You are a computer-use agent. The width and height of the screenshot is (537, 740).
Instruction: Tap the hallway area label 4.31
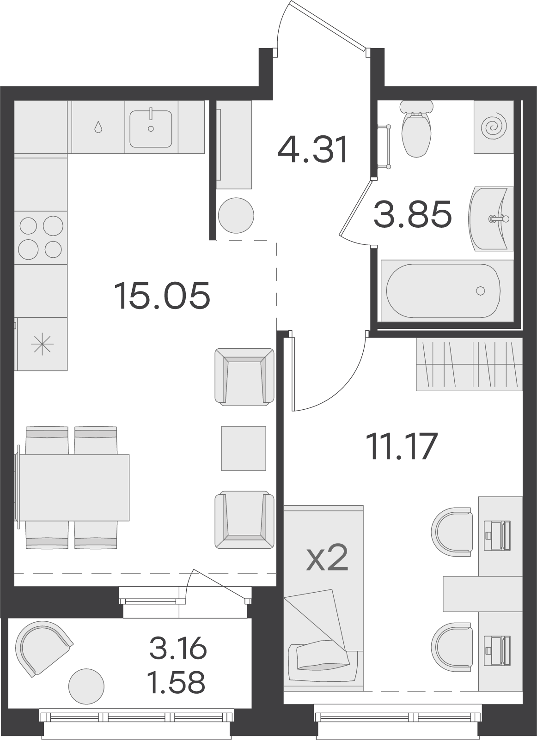312,150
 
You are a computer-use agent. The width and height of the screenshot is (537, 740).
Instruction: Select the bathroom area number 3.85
412,214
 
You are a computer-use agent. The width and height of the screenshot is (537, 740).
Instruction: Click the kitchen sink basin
151,129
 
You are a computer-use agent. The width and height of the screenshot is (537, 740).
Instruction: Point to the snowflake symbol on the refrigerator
42,344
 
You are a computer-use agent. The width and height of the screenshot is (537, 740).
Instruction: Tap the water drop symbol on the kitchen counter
98,127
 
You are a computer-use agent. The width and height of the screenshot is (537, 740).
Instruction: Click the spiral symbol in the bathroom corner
494,127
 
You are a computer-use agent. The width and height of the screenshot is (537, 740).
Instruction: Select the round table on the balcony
86,686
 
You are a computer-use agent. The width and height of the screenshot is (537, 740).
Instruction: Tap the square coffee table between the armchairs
244,448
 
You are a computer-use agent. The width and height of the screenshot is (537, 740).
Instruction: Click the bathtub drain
481,291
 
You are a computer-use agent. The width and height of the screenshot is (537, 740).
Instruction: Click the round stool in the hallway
236,215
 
